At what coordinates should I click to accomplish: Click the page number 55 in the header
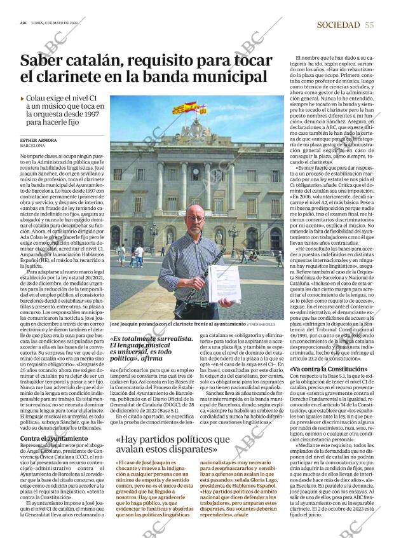(x=369, y=25)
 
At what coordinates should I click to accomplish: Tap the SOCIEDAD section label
(x=338, y=25)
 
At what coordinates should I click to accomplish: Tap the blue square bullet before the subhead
(x=23, y=99)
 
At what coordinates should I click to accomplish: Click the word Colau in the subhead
(x=36, y=99)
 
